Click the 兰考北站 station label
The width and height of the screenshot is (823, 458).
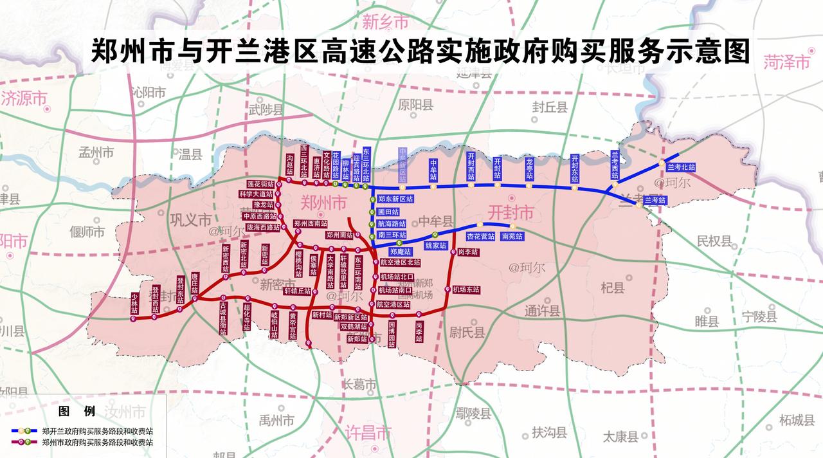[x=681, y=167]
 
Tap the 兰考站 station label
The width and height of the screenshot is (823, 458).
[x=655, y=201]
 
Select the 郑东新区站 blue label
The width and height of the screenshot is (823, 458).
[x=395, y=199]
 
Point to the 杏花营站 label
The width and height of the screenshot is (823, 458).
[x=481, y=236]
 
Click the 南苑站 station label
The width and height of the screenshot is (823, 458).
[x=512, y=236]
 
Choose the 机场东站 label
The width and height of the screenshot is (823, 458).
[x=466, y=289]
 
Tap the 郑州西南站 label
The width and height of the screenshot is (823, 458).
[x=311, y=224]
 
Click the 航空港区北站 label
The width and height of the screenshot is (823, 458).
[x=399, y=262]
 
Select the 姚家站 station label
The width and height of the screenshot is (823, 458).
[x=435, y=245]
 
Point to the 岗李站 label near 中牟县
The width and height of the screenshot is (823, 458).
[x=468, y=252]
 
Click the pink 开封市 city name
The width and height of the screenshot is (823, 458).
[x=511, y=212]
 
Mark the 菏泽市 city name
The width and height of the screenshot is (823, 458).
[x=786, y=62]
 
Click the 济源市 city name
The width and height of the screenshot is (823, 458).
[x=24, y=98]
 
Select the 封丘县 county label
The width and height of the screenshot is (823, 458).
[x=550, y=107]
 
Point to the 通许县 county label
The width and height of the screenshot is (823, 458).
[x=542, y=311]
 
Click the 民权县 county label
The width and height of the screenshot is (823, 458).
[x=714, y=241]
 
